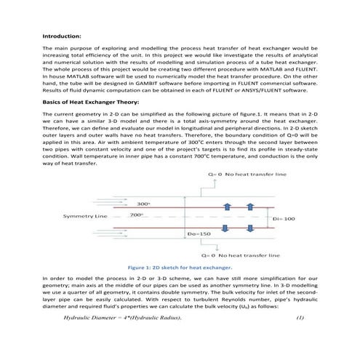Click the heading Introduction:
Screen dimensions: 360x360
pos(63,35)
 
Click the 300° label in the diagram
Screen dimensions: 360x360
pos(144,204)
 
